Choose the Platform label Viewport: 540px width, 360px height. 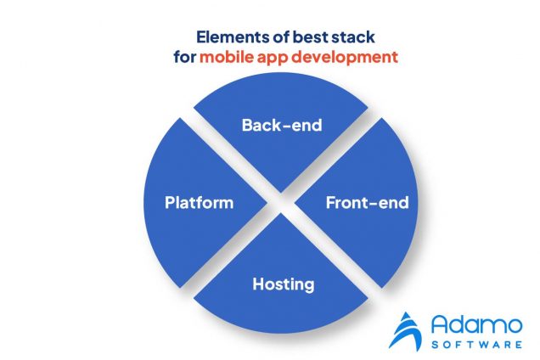click(199, 203)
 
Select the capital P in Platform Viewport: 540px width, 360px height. click(169, 203)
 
